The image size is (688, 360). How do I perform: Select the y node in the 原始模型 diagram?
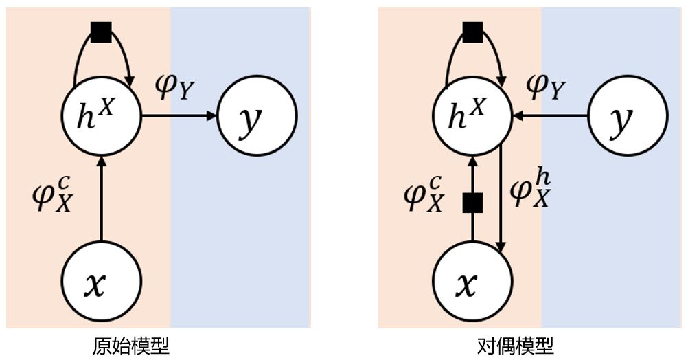coord(257,116)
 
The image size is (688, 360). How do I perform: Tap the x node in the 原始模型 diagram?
coord(101,282)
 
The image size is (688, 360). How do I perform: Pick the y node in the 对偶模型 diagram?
coord(628,116)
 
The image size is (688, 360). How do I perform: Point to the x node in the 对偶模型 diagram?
coord(472,282)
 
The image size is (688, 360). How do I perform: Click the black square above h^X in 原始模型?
coord(101,32)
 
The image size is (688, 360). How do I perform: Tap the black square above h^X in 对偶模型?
coord(472,32)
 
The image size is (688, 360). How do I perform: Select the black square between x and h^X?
coord(472,203)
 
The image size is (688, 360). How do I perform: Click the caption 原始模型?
coord(131,345)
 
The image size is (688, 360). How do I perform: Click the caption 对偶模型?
coord(516,345)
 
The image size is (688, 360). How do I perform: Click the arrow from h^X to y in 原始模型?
coord(179,116)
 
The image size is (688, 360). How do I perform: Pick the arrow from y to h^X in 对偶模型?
coord(549,116)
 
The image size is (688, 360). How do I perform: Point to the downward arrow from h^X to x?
coord(502,199)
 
